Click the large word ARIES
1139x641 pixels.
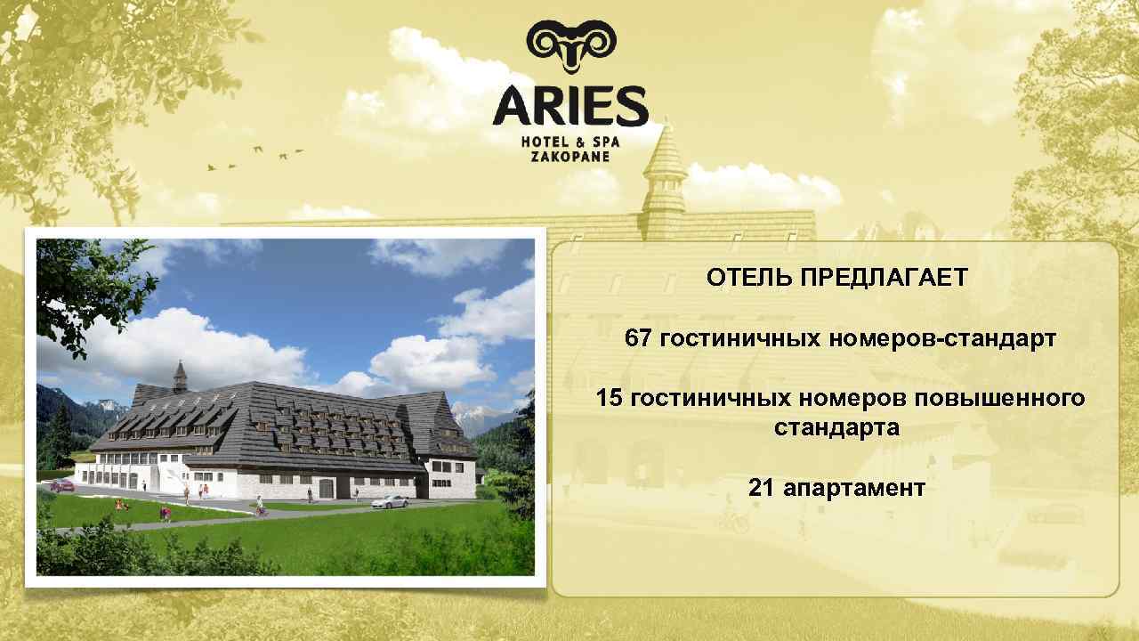(x=570, y=106)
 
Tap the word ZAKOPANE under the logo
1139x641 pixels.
(x=570, y=156)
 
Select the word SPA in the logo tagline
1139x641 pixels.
(x=604, y=141)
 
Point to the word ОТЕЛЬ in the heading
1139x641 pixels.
(x=748, y=278)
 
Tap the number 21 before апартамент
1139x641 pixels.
(x=762, y=488)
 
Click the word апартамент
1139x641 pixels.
(x=854, y=488)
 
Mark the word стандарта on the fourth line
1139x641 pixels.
(x=836, y=427)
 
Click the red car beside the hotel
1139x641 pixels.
(x=62, y=485)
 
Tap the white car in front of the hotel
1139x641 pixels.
(x=391, y=501)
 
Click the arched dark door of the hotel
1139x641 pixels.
(x=326, y=489)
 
